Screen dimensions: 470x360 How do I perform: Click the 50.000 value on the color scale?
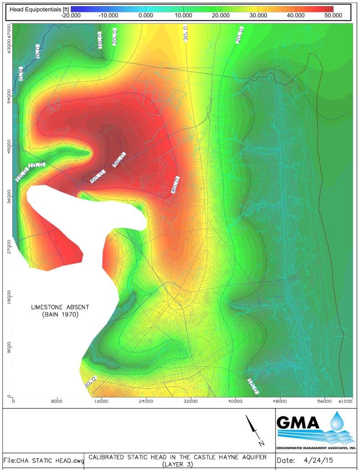point(333,15)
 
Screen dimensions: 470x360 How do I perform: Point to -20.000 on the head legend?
point(71,15)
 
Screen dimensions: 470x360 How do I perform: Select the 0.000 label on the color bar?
point(146,15)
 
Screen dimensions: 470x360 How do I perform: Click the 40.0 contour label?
point(175,185)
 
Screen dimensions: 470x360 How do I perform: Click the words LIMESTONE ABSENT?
point(60,307)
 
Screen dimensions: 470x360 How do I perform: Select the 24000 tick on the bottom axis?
point(146,401)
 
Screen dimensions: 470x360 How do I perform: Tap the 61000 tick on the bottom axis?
point(346,401)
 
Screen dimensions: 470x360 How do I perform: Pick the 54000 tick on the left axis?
point(9,101)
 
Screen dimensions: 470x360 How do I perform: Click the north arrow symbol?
point(254,429)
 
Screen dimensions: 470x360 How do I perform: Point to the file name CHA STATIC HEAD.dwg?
point(44,461)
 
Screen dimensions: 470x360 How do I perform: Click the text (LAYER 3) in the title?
point(180,465)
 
